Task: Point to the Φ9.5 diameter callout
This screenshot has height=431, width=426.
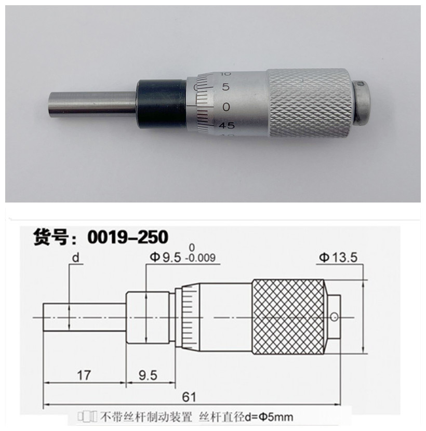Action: pos(164,257)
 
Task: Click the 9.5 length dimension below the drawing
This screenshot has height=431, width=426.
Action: pos(149,375)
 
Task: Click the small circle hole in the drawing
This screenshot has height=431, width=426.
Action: pos(335,316)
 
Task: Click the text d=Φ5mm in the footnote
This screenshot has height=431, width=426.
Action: pos(274,416)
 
